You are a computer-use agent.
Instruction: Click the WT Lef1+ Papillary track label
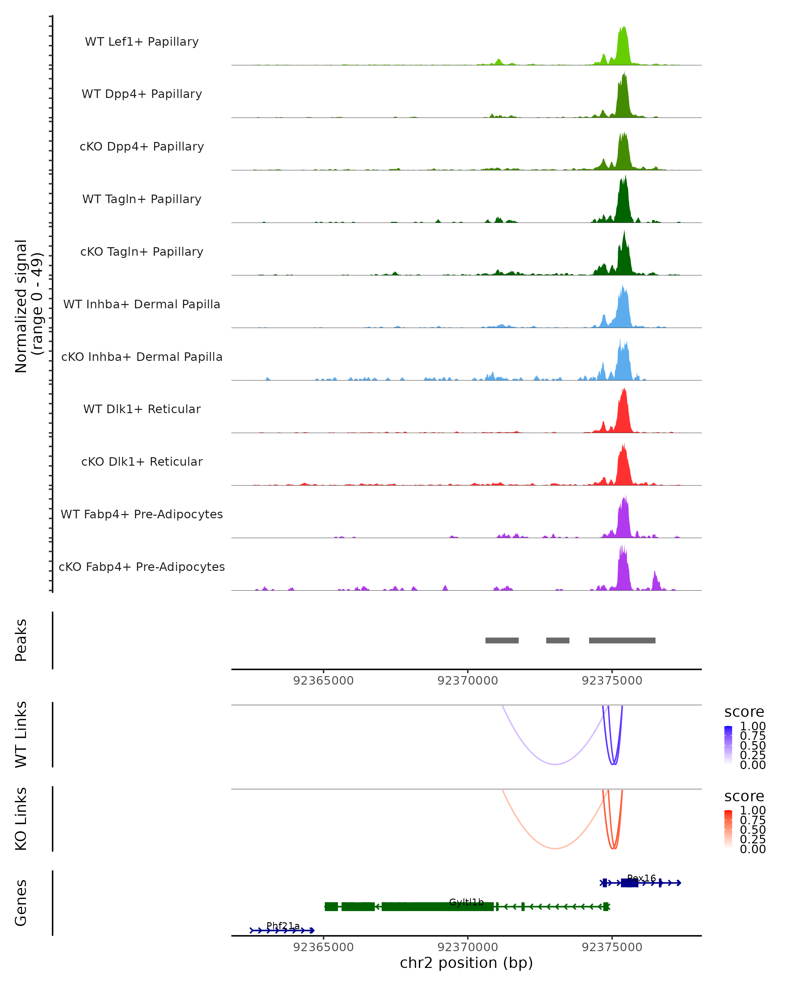tap(142, 42)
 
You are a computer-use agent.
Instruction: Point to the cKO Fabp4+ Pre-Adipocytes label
tap(142, 567)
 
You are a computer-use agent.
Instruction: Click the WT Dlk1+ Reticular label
tap(142, 409)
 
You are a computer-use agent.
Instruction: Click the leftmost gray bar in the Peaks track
tap(502, 640)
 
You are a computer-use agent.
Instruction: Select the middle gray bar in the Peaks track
tap(558, 640)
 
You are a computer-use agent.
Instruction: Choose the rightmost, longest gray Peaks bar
tap(622, 640)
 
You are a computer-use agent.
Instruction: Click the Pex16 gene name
tap(641, 878)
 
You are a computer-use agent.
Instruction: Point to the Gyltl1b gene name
tap(466, 902)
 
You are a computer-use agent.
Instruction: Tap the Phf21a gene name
tap(283, 926)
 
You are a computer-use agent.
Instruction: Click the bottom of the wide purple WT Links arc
tap(555, 764)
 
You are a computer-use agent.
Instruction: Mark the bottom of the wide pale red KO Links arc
tap(555, 848)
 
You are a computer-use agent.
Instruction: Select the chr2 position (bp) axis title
tap(466, 963)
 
